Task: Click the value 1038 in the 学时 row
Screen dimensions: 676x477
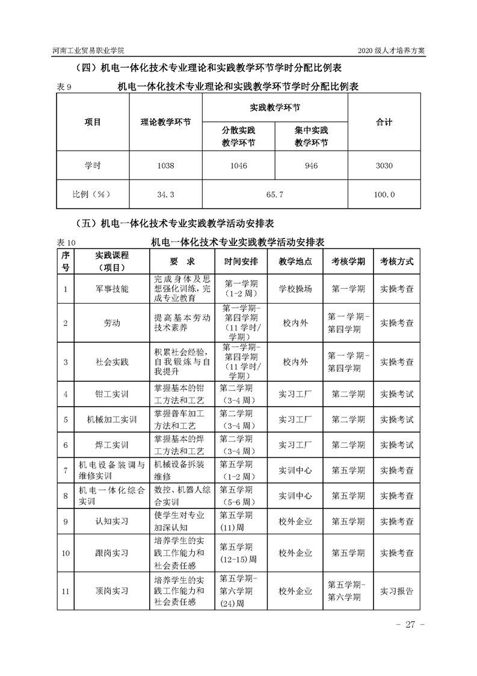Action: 165,166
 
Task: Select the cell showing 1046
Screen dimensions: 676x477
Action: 238,166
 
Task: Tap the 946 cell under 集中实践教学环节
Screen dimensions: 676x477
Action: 311,166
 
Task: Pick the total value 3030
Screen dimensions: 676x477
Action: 384,166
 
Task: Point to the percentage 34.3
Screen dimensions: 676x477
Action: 165,195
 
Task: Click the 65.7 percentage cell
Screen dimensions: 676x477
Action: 274,195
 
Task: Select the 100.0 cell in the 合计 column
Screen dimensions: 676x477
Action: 384,195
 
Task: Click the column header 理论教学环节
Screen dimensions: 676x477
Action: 165,122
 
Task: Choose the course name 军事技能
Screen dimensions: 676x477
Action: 112,289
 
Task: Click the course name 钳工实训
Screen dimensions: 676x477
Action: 112,395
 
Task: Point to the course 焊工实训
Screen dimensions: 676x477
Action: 112,445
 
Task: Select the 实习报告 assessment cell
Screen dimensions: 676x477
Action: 396,591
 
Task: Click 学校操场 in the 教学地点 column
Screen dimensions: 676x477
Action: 295,289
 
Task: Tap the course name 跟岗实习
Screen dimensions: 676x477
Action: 112,552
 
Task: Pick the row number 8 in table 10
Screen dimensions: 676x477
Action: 65,496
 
